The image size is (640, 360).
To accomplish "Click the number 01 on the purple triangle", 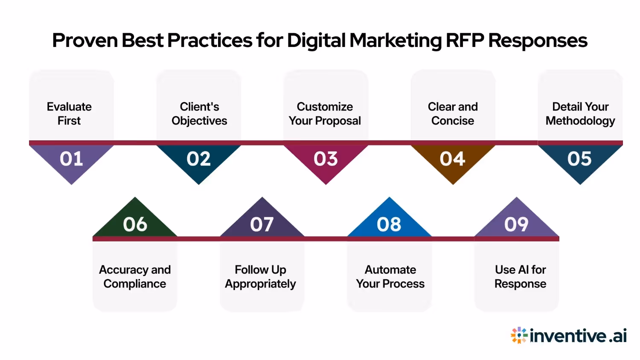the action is (71, 159).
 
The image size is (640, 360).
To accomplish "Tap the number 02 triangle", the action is (198, 159).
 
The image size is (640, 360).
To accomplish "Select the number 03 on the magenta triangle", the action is (326, 159).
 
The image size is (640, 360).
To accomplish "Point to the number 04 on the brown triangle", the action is (453, 159).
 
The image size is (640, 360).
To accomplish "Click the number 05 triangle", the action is (580, 159).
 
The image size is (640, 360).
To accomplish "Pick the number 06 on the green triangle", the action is (135, 224).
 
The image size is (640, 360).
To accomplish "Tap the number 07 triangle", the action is (262, 224).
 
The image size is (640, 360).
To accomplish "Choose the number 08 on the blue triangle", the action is (389, 224).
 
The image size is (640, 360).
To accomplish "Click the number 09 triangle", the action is (516, 224).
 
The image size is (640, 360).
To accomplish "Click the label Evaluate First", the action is (69, 113).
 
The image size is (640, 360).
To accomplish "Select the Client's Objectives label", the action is (199, 113).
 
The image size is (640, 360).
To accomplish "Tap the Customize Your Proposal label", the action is (325, 113).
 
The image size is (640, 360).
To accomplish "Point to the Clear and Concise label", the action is (453, 113).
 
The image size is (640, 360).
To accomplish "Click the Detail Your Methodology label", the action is (580, 113).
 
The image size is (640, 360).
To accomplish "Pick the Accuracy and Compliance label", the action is (135, 276).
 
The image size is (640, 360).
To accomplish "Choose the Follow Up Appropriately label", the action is (260, 276).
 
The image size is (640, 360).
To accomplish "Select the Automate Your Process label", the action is (390, 276).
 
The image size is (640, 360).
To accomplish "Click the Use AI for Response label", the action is (520, 276).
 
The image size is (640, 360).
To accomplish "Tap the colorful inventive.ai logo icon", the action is (519, 335).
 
